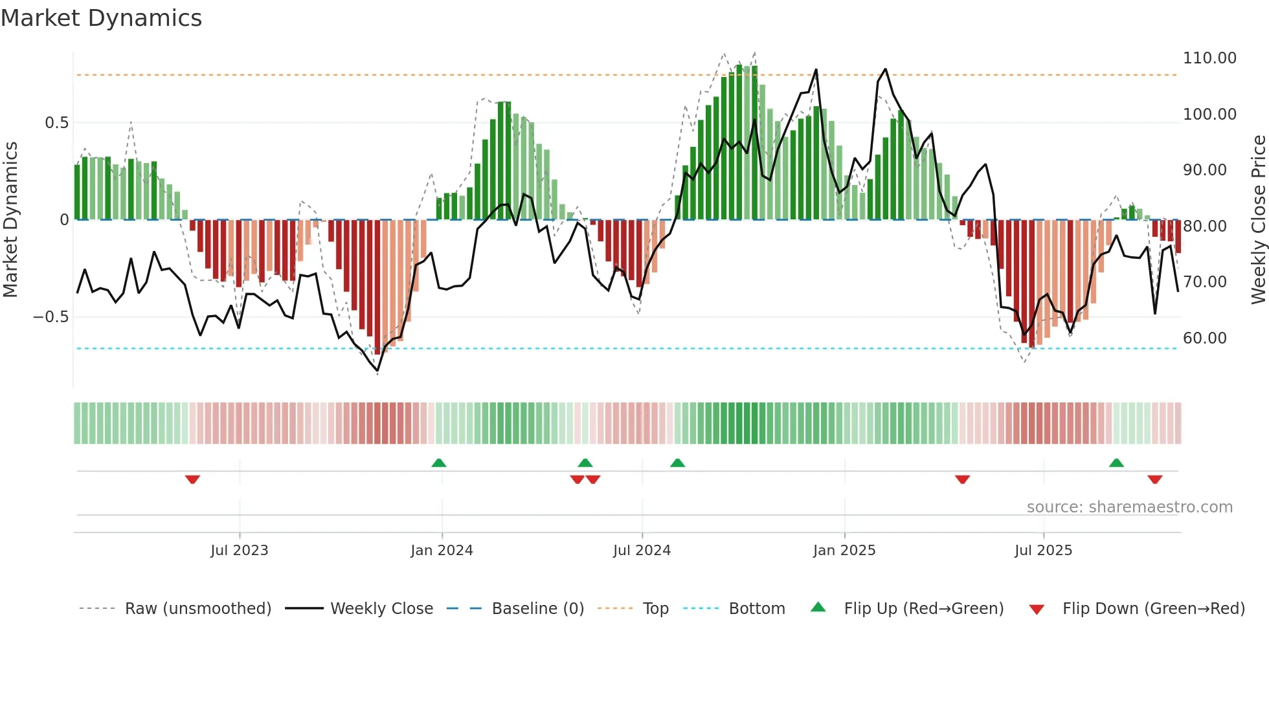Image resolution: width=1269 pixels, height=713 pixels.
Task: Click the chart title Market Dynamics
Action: [x=101, y=18]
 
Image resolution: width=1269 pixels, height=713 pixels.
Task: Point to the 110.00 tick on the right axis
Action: [x=1209, y=58]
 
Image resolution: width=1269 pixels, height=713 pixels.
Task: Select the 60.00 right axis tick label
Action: [x=1204, y=338]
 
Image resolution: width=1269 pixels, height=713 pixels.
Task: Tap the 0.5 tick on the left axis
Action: [x=56, y=123]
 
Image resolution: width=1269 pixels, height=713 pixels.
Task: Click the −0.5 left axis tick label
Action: [x=51, y=317]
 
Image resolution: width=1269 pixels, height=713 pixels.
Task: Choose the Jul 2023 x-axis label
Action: [x=239, y=551]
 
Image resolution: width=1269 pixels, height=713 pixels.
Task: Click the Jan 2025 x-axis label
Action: [x=844, y=551]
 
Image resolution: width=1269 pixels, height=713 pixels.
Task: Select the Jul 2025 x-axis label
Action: [x=1043, y=551]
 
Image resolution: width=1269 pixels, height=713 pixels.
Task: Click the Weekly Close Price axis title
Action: [x=1258, y=220]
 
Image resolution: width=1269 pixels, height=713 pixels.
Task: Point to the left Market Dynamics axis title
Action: [x=10, y=220]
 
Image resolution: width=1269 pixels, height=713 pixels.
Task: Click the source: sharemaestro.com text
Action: [x=1129, y=507]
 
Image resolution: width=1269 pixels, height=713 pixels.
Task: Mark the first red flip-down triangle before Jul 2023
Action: [x=192, y=479]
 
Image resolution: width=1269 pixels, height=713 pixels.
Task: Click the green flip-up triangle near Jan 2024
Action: [x=438, y=463]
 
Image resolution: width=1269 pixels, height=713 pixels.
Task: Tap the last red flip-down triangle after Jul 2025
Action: [x=1154, y=479]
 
